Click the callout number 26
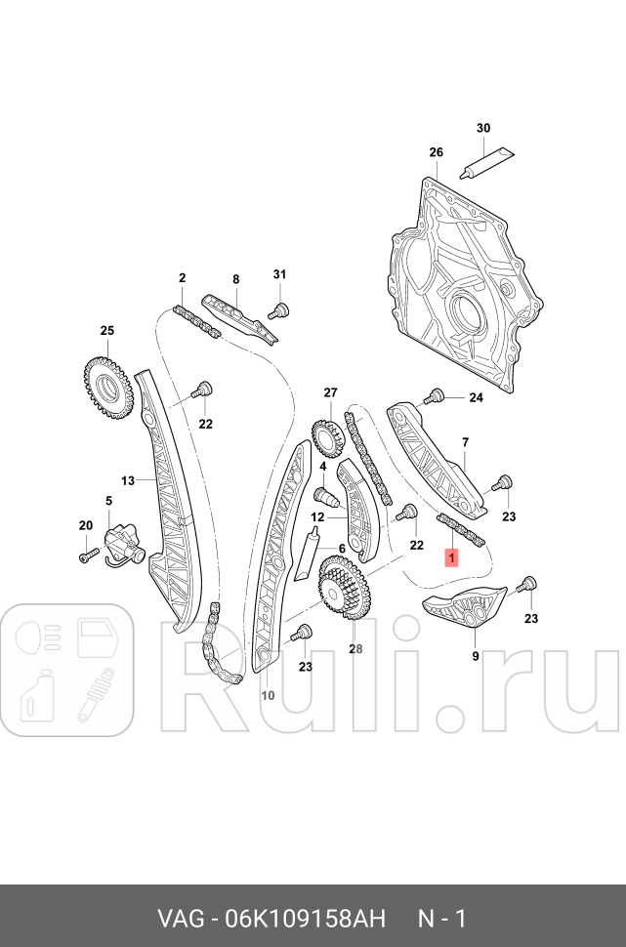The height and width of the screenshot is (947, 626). click(436, 152)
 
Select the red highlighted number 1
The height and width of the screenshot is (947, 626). click(451, 557)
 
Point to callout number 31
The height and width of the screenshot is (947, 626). click(279, 273)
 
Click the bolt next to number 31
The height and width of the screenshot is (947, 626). click(277, 311)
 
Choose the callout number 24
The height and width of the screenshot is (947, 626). click(476, 397)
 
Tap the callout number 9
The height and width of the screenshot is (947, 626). click(476, 656)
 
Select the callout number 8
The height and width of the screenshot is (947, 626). click(235, 279)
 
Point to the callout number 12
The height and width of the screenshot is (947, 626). click(317, 517)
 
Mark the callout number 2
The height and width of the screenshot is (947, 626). click(182, 278)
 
